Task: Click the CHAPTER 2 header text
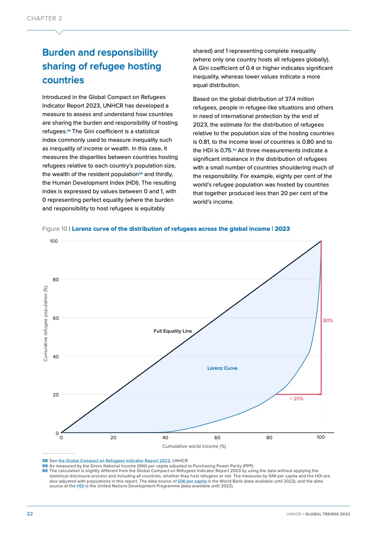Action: (44, 18)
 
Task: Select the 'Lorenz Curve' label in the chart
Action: (222, 368)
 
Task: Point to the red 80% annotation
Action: (328, 321)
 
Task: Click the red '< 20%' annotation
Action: (296, 399)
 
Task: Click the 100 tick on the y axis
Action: (54, 241)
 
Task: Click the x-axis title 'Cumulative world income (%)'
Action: (194, 446)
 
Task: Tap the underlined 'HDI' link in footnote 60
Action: (79, 486)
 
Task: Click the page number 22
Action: (29, 514)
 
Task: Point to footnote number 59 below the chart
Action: (45, 466)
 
